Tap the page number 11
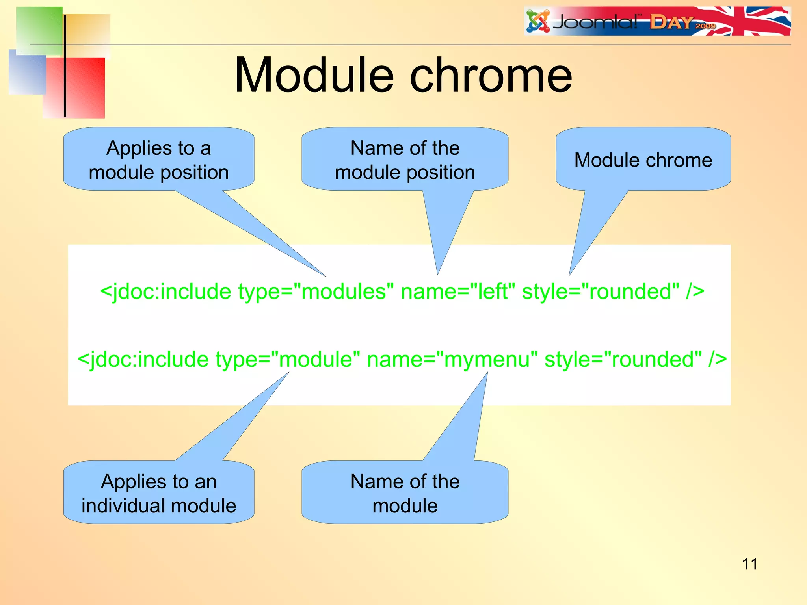[749, 564]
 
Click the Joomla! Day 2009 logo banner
[657, 21]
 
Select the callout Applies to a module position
[158, 160]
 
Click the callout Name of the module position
[405, 160]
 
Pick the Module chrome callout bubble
[643, 160]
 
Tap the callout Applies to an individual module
[158, 493]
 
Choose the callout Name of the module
[405, 493]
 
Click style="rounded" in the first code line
[601, 291]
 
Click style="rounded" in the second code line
[623, 359]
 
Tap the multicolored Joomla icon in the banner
[538, 21]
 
